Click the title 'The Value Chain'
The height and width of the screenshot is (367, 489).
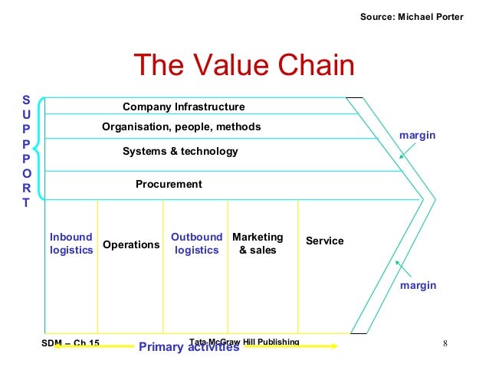[244, 66]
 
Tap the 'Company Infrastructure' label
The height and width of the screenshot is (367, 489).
[184, 106]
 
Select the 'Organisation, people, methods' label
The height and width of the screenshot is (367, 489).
[182, 126]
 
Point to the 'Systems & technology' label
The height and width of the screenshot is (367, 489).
[180, 152]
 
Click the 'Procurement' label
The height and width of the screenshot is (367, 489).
[169, 184]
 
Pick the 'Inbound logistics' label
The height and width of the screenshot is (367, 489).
[71, 244]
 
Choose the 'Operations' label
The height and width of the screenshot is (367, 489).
[131, 244]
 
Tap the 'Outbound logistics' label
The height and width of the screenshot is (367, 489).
[196, 244]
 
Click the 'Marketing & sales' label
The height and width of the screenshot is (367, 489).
[258, 244]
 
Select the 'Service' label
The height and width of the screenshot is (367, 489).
[325, 241]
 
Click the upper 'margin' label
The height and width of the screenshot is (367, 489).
[418, 135]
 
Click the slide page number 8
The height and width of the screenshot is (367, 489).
[445, 342]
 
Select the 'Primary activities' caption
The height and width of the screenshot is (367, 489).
[189, 347]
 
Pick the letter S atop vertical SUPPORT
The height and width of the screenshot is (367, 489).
[26, 100]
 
